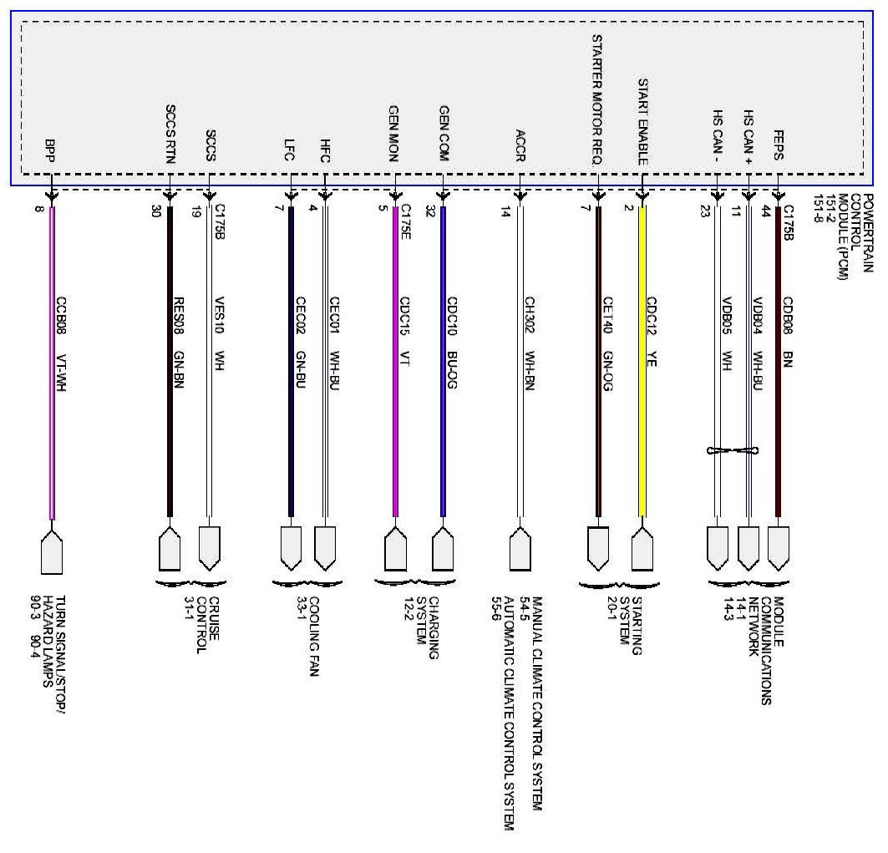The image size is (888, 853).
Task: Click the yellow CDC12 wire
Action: pyautogui.click(x=642, y=362)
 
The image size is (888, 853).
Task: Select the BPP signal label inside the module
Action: pyautogui.click(x=50, y=150)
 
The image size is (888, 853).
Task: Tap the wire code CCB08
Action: pyautogui.click(x=61, y=316)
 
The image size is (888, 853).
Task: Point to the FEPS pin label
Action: pyautogui.click(x=779, y=145)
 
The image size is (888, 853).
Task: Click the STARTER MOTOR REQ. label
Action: pyautogui.click(x=597, y=99)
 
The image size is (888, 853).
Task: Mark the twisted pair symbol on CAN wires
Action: pyautogui.click(x=733, y=451)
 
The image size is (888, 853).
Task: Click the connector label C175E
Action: pyautogui.click(x=406, y=221)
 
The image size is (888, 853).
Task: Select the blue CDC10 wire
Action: pyautogui.click(x=444, y=362)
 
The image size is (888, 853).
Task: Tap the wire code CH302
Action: pyautogui.click(x=530, y=315)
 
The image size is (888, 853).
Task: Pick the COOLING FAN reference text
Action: pyautogui.click(x=314, y=637)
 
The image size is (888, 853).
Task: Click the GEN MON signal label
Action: pyautogui.click(x=393, y=134)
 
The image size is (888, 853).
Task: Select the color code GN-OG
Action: pyautogui.click(x=607, y=372)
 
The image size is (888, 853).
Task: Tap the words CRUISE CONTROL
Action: pyautogui.click(x=207, y=625)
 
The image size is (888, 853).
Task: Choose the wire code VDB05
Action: pyautogui.click(x=727, y=316)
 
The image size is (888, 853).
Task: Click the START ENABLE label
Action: pyautogui.click(x=643, y=122)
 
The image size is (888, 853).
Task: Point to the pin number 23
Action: pyautogui.click(x=704, y=211)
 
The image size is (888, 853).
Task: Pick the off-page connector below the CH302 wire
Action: pyautogui.click(x=520, y=550)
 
